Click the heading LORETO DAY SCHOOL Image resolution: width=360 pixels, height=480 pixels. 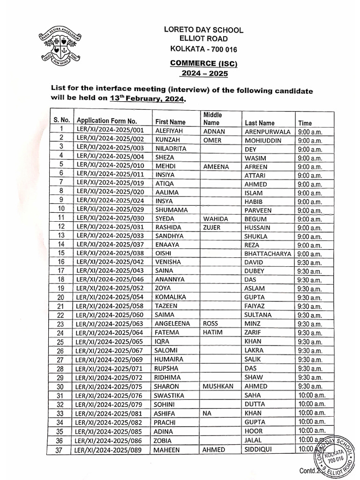coord(203,30)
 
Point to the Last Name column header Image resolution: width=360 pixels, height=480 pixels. coord(260,123)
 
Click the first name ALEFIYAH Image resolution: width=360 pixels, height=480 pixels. coord(171,132)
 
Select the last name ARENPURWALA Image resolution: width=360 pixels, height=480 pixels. coord(268,132)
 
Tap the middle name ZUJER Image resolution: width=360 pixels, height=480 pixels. coord(212,227)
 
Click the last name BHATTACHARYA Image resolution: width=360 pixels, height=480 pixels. coord(269,253)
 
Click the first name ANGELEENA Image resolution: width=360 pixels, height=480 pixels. coord(174,323)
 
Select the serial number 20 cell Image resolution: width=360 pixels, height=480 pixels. coord(61,297)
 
